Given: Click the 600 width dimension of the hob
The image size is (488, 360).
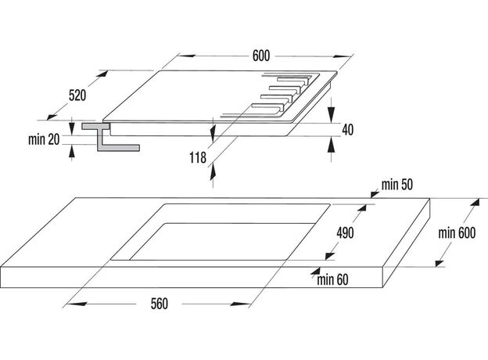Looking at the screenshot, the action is click(261, 56).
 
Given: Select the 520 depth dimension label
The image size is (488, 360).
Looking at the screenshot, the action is click(77, 95).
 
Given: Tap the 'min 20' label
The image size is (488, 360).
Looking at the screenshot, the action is click(44, 139).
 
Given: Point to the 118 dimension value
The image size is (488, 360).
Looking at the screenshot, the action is click(198, 157).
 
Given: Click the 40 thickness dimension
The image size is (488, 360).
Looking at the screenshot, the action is click(348, 130).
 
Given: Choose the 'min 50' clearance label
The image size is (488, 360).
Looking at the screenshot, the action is click(397, 185).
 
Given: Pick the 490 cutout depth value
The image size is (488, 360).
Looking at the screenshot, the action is click(345, 232).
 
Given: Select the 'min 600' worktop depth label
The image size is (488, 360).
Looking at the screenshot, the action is click(457, 233).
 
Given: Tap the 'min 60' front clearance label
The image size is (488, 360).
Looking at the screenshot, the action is click(332, 279).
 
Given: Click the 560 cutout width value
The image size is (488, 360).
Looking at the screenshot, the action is click(160, 304).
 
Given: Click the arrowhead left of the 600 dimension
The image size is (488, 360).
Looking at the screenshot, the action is click(186, 56).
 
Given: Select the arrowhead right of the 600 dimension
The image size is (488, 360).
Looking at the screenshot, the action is click(343, 56).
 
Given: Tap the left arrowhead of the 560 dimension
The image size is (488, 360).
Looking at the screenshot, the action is click(77, 304).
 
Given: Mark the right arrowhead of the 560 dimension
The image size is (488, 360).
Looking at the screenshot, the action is click(240, 304).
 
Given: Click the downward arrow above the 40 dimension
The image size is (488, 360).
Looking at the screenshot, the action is click(332, 114).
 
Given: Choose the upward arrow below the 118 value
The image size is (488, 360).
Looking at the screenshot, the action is click(213, 173).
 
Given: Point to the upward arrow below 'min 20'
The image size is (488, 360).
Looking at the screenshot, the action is click(72, 153).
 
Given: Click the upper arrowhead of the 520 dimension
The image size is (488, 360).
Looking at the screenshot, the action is click(102, 74).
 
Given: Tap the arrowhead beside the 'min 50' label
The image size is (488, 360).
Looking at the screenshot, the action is click(375, 195).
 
